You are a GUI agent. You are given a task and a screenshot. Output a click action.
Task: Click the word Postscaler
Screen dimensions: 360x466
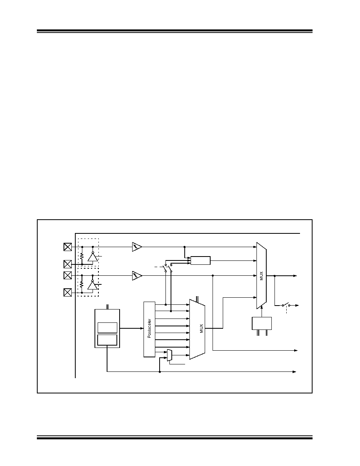point(149,328)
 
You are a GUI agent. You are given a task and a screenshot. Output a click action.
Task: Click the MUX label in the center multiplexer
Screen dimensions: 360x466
point(202,329)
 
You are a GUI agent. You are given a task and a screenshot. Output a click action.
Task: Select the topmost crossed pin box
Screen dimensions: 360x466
point(68,247)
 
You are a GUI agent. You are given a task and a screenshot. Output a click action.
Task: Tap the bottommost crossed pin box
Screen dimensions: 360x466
point(68,293)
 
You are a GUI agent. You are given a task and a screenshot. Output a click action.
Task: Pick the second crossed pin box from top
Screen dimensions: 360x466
point(68,264)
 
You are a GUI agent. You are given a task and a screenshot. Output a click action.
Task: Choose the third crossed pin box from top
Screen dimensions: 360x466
point(68,275)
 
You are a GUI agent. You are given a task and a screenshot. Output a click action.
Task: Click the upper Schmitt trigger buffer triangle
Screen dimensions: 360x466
point(137,247)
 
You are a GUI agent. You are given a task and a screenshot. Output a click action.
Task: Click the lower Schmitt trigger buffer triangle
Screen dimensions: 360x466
point(137,275)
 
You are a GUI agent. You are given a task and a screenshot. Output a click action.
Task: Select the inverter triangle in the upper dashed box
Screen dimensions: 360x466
point(93,257)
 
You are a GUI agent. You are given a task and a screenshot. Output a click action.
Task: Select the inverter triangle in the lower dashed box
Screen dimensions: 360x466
point(93,286)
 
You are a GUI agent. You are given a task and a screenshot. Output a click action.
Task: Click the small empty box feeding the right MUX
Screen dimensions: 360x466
point(200,260)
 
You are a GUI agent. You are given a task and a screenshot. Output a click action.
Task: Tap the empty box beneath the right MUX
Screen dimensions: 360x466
point(262,323)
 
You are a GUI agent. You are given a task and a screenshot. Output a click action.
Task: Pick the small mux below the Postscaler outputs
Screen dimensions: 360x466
point(169,355)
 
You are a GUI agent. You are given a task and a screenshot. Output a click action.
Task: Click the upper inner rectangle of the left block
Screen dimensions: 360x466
point(107,328)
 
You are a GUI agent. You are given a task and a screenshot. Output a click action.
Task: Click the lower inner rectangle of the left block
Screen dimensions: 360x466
point(107,340)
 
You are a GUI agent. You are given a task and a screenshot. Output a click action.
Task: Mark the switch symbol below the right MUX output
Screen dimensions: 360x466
point(286,305)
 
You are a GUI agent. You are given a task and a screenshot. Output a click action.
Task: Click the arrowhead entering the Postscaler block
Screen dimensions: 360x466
point(142,328)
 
